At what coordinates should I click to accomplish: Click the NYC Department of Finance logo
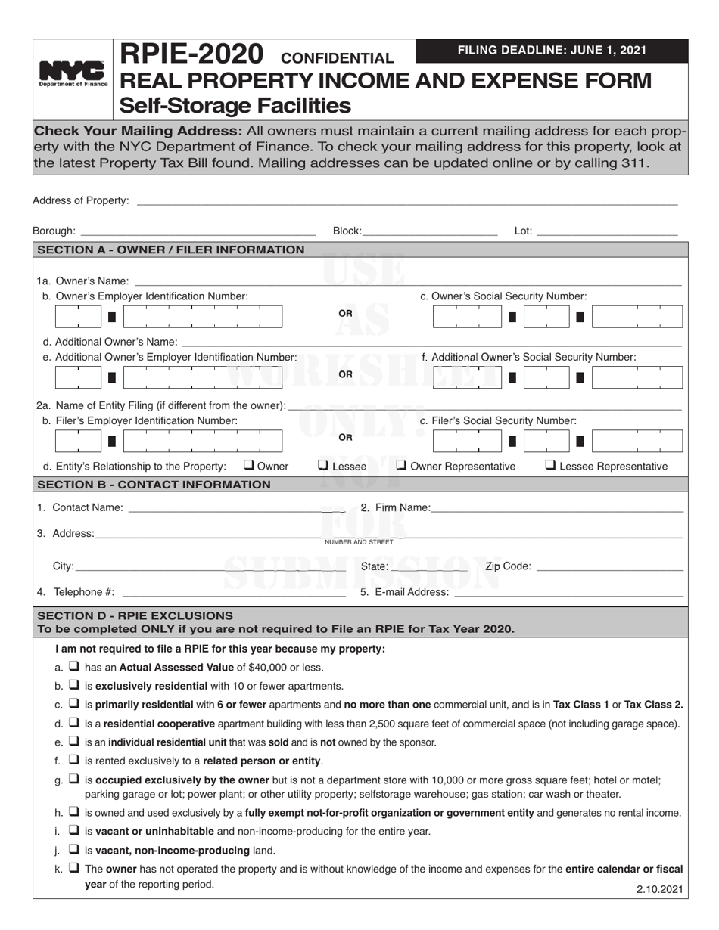coord(73,75)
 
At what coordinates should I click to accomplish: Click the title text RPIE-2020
coord(192,54)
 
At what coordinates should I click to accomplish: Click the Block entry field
coord(430,231)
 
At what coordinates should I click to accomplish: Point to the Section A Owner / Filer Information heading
coord(171,250)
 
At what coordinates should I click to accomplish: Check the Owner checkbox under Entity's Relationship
coord(248,466)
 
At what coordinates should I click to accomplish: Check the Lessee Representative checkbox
coord(550,466)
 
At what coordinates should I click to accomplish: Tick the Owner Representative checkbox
coord(402,466)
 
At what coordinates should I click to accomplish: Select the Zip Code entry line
coord(609,566)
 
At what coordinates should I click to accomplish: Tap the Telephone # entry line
coord(232,592)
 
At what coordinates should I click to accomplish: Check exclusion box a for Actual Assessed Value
coord(74,667)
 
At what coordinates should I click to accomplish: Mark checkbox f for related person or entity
coord(74,760)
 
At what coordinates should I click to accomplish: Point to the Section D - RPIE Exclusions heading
coord(135,615)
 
